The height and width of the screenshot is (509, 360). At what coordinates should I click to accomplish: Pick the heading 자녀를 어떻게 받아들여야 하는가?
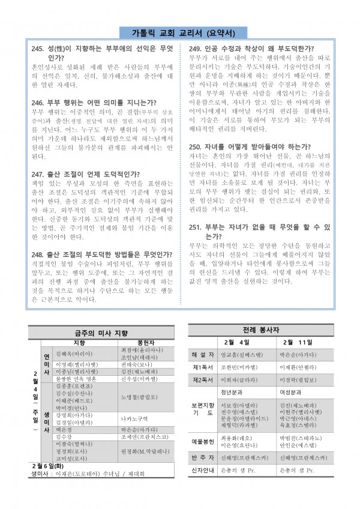260,146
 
